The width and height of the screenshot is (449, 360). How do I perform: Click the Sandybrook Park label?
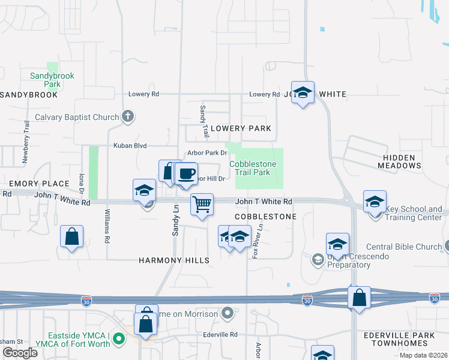[x=46, y=80]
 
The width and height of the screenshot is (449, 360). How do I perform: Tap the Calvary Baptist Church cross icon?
[x=127, y=117]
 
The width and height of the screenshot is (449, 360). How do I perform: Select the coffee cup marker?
[x=186, y=174]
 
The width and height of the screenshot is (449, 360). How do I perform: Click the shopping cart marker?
[x=202, y=205]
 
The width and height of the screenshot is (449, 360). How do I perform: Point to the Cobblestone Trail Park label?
[x=253, y=168]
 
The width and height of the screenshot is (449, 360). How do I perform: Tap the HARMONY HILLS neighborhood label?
[x=174, y=260]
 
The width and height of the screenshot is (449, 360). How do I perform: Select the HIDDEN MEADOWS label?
[x=399, y=161]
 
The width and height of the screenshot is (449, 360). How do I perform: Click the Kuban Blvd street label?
[x=130, y=146]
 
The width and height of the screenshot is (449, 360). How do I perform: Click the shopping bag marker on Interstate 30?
[x=359, y=297]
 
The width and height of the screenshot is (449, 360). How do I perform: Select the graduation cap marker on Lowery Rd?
[x=303, y=93]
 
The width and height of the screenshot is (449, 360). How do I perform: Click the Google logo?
[x=20, y=353]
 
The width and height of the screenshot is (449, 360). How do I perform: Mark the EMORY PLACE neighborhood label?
[x=31, y=183]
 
